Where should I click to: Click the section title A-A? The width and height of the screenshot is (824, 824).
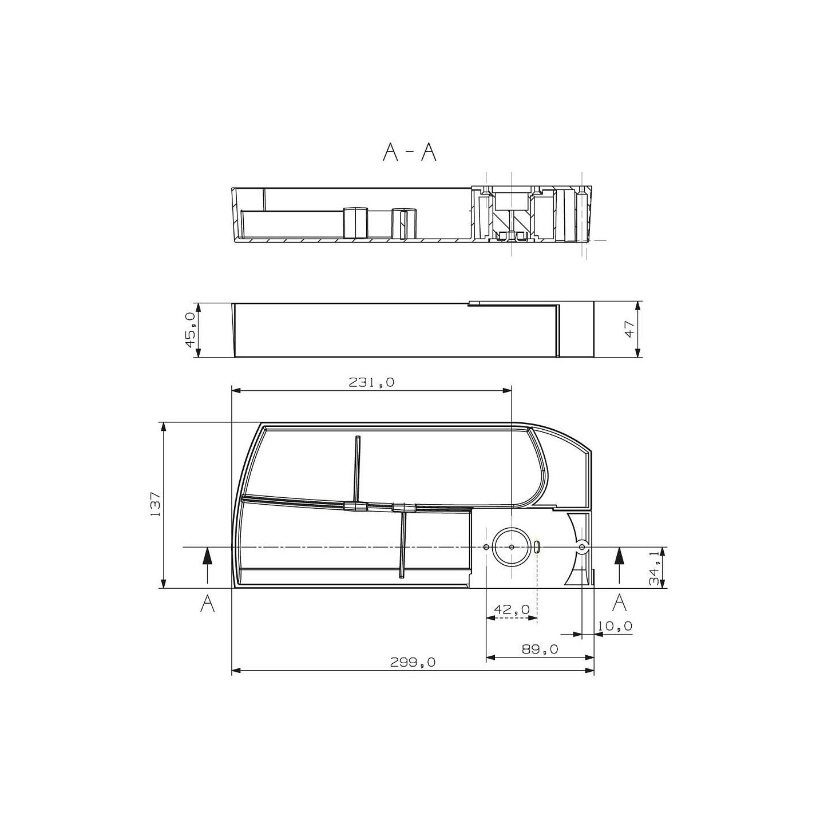(409, 152)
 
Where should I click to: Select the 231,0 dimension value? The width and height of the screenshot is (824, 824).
(371, 382)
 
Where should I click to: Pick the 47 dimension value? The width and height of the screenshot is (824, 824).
(629, 329)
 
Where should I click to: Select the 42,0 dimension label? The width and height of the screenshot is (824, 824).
(512, 609)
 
